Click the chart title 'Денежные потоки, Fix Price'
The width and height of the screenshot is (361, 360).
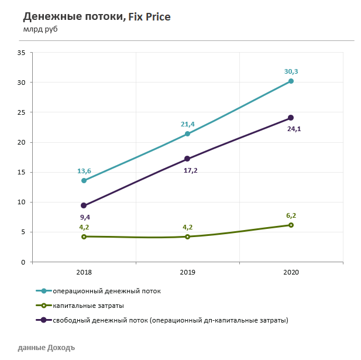click(x=97, y=17)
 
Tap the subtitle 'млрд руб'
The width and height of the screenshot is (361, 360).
click(x=41, y=29)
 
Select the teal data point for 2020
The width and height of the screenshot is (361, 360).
click(x=291, y=81)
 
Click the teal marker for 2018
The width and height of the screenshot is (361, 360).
click(x=84, y=181)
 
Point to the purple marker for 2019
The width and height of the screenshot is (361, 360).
click(x=187, y=159)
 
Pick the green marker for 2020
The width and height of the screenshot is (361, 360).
click(x=291, y=225)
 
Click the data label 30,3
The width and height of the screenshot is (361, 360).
click(x=291, y=71)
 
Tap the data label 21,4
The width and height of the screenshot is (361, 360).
click(x=187, y=124)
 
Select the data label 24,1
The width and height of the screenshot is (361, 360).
click(x=293, y=129)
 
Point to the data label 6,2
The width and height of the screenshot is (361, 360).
click(x=291, y=215)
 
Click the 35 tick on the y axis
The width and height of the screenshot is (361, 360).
click(x=21, y=53)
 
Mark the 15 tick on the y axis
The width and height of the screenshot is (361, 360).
click(x=21, y=173)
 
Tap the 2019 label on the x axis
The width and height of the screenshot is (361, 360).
click(x=187, y=273)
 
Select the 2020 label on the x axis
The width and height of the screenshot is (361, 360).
click(x=291, y=273)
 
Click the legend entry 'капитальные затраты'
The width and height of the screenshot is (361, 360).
click(x=88, y=306)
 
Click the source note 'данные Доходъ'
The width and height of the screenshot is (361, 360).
click(x=46, y=347)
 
